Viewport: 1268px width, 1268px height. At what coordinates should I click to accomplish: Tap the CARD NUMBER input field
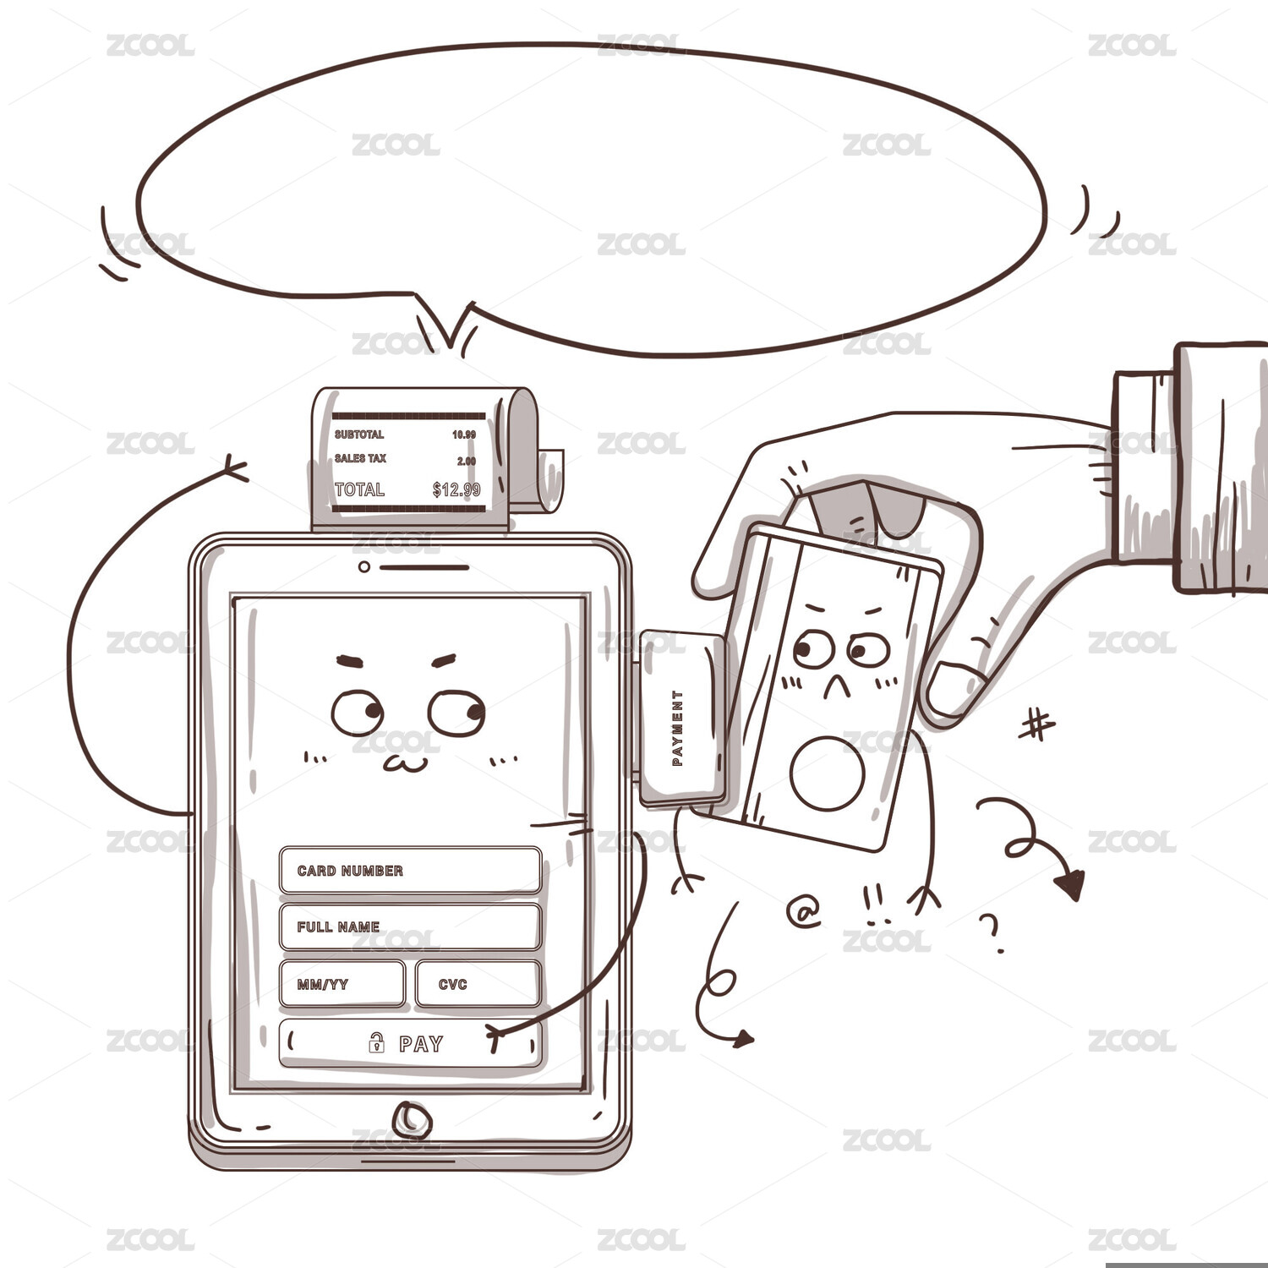tap(410, 870)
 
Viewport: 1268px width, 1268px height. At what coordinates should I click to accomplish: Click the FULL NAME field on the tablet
tap(410, 926)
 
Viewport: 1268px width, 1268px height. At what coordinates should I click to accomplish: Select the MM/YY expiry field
tap(342, 984)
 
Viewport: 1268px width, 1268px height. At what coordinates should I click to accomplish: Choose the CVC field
tap(478, 984)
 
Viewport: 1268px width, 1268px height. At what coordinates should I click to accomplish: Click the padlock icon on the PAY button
tap(376, 1042)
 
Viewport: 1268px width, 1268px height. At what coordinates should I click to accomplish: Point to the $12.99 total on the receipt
tap(456, 489)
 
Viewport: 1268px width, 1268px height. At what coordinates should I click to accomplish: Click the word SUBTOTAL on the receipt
tap(359, 435)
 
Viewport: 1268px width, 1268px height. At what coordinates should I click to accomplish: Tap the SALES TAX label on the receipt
tap(360, 458)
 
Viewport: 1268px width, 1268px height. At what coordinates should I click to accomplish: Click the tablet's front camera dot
tap(363, 566)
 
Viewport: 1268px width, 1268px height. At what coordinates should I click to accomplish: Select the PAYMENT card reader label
tap(677, 728)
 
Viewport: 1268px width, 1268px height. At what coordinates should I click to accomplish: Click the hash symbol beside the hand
tap(1036, 725)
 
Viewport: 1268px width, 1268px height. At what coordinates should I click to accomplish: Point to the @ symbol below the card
tap(804, 911)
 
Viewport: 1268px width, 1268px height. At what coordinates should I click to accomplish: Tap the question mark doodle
tap(991, 932)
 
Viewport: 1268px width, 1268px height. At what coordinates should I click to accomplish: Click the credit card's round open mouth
tap(828, 773)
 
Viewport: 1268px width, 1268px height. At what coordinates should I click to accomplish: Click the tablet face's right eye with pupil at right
tap(456, 713)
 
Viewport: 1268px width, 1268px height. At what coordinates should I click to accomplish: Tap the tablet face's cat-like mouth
tap(405, 763)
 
